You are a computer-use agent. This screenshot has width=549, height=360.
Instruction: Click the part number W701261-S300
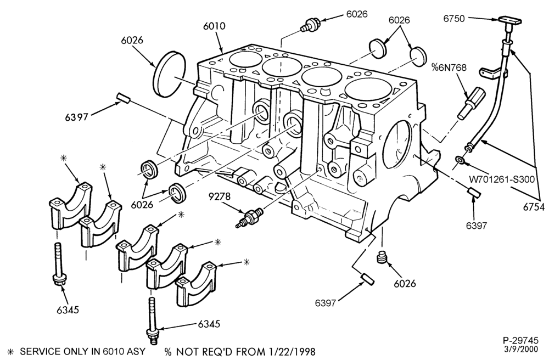point(502,179)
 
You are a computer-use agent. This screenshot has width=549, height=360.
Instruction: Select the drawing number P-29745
point(520,340)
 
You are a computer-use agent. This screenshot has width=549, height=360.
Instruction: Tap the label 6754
point(534,207)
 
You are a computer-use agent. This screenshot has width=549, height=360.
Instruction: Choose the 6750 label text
point(454,19)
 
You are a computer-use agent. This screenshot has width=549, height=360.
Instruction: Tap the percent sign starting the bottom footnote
point(169,352)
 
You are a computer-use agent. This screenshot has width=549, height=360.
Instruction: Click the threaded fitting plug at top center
point(310,26)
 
